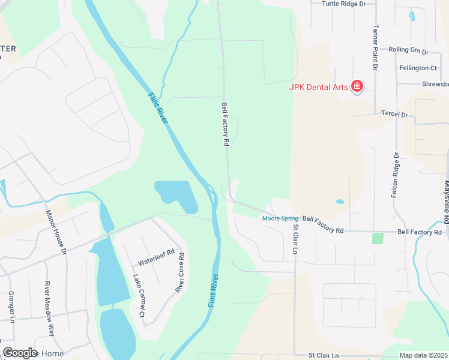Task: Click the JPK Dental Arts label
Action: pyautogui.click(x=319, y=87)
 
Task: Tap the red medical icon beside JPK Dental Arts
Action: pyautogui.click(x=358, y=87)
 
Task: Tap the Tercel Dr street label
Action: pyautogui.click(x=394, y=114)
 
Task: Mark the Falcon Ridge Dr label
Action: pyautogui.click(x=395, y=174)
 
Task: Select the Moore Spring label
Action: pyautogui.click(x=280, y=218)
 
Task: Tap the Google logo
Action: pyautogui.click(x=20, y=353)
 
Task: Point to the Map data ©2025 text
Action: pyautogui.click(x=423, y=355)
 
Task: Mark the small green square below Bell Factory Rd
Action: pyautogui.click(x=378, y=238)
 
